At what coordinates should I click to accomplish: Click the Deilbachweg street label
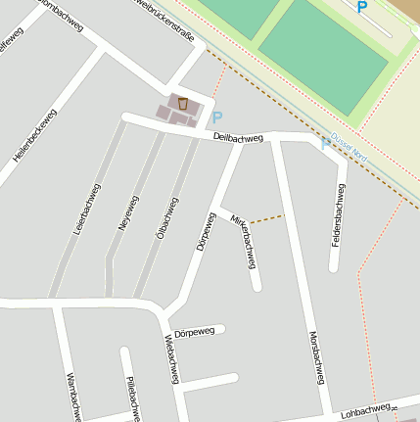pyautogui.click(x=238, y=138)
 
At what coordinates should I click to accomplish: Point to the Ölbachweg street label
pyautogui.click(x=167, y=218)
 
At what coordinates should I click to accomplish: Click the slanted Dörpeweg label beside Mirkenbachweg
pyautogui.click(x=205, y=231)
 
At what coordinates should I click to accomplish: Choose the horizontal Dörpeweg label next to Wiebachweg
pyautogui.click(x=194, y=333)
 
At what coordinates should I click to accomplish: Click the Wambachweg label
pyautogui.click(x=71, y=397)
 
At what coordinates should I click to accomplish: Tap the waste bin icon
pyautogui.click(x=182, y=103)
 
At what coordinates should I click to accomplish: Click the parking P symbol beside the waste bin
pyautogui.click(x=217, y=117)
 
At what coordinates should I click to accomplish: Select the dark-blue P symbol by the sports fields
pyautogui.click(x=362, y=8)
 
